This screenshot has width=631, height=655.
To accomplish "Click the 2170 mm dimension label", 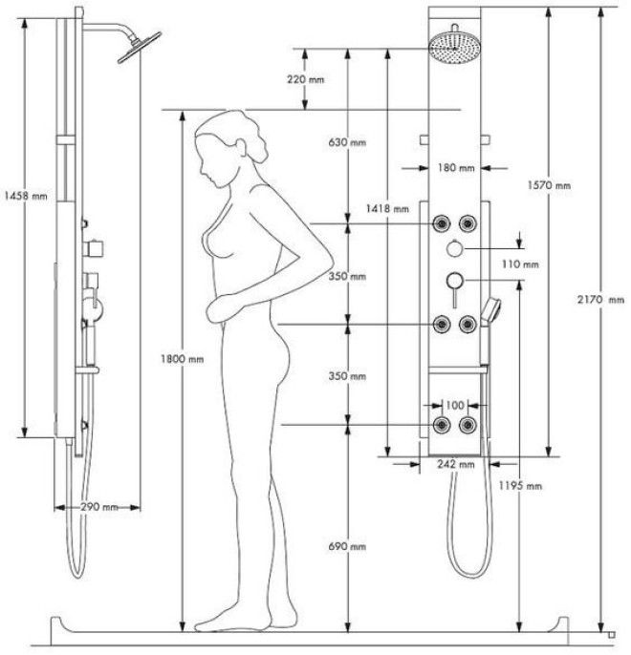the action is tap(600, 300).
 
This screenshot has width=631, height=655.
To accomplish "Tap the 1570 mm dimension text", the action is tap(549, 185).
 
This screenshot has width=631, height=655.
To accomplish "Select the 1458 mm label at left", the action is tap(26, 196).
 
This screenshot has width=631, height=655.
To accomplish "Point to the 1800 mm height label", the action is tap(183, 359).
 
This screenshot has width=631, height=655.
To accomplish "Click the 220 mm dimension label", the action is tap(305, 79).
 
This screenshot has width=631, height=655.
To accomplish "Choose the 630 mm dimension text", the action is tap(347, 142).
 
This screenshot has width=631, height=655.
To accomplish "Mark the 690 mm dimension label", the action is tap(347, 546).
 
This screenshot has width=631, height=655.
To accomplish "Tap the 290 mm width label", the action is tap(99, 507).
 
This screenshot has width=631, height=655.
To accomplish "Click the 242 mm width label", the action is tap(456, 464).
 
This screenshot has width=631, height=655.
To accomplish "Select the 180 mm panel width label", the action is tap(456, 168).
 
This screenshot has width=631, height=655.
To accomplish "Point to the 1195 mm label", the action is tap(520, 485).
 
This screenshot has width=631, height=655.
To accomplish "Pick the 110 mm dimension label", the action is tap(520, 264).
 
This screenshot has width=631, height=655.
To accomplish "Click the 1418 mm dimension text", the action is tap(387, 208).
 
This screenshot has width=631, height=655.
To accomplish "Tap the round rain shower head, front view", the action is tap(454, 48).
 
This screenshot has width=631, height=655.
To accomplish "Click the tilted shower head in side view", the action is tap(140, 47).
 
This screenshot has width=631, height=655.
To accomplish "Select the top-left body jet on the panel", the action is tap(441, 223).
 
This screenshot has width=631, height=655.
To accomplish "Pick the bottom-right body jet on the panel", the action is tap(468, 425).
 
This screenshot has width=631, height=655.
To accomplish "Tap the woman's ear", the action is tap(241, 147).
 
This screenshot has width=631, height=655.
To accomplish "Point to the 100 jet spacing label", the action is tap(454, 405).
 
